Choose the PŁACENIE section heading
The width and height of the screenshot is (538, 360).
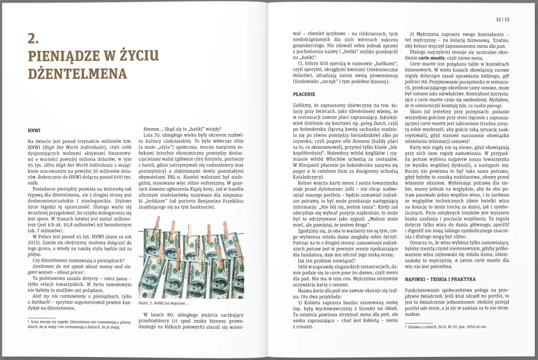pos(304,94)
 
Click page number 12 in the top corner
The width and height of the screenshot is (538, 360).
pos(499,19)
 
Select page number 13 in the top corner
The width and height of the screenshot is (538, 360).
pos(508,19)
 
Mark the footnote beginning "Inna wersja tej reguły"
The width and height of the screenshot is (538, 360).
pos(79,322)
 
